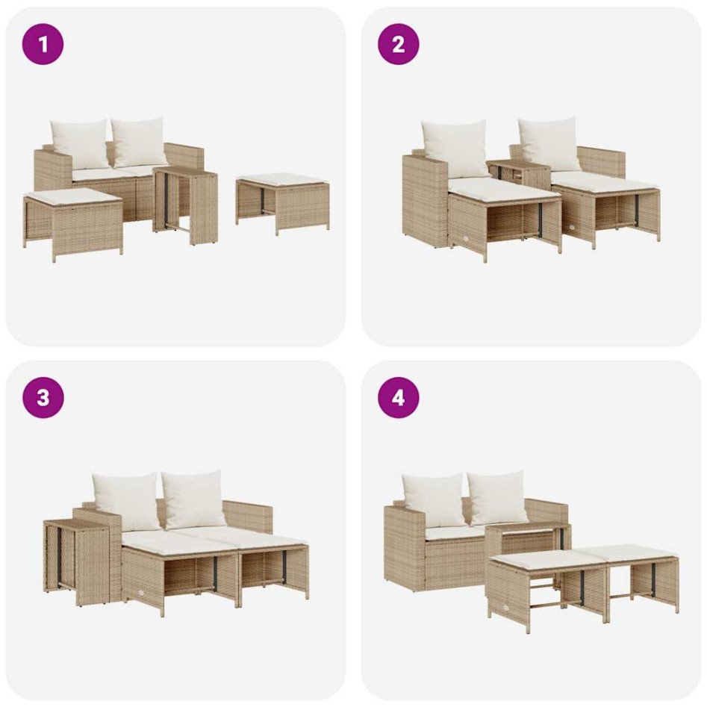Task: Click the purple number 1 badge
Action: pyautogui.click(x=43, y=44)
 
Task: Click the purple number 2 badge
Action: pyautogui.click(x=398, y=44)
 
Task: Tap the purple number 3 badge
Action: pyautogui.click(x=43, y=397)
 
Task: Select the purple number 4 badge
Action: pyautogui.click(x=398, y=397)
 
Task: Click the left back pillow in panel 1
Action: pyautogui.click(x=80, y=143)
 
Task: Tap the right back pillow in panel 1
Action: pyautogui.click(x=140, y=142)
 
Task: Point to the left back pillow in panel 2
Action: pyautogui.click(x=455, y=148)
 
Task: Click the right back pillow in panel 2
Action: pyautogui.click(x=549, y=143)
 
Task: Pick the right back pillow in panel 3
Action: pyautogui.click(x=194, y=499)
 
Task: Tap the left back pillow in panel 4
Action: pyautogui.click(x=434, y=499)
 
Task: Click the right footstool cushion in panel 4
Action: pyautogui.click(x=635, y=552)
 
